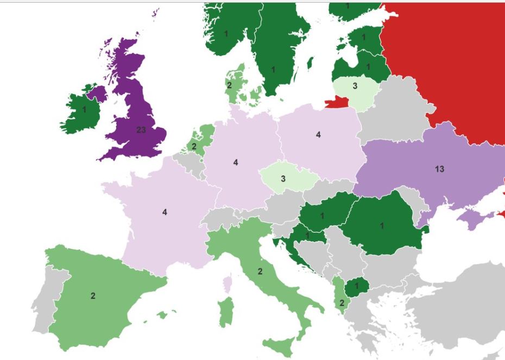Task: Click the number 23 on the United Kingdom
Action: pos(141,130)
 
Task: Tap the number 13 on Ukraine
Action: pos(440,169)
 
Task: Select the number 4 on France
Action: pos(165,212)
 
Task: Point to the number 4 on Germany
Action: pos(236,162)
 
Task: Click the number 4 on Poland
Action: pos(319,135)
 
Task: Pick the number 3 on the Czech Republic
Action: pos(283,179)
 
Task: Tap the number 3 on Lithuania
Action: pos(355,86)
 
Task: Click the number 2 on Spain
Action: pos(93,296)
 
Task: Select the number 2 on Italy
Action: pos(260,271)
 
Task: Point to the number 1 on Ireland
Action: pos(84,109)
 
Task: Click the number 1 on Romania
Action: pos(382,226)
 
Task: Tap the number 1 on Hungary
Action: pos(322,216)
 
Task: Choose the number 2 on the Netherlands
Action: pos(194,146)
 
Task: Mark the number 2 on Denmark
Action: pos(229,85)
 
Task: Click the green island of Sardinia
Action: pos(225,312)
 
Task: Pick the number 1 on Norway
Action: pos(226,34)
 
